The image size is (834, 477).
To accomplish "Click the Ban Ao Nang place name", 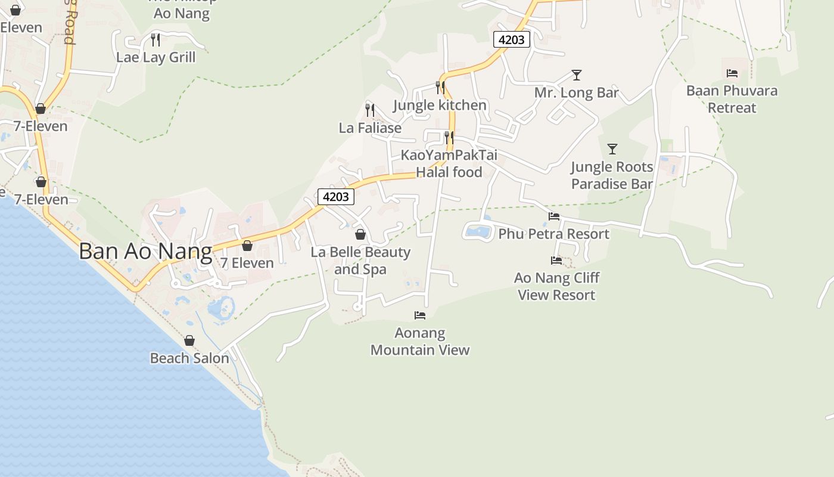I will (x=145, y=251).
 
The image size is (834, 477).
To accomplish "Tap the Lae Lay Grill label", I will (x=155, y=57).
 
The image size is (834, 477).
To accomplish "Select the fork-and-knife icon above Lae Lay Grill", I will (x=155, y=40).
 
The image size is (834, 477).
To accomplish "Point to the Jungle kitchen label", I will (x=440, y=106).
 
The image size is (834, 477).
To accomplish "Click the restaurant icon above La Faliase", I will (x=370, y=110).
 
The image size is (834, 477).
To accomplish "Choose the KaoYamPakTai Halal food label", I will (x=449, y=163).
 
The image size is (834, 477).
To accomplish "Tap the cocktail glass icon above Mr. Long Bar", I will (x=576, y=75).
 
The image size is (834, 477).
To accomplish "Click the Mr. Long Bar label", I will (x=576, y=93).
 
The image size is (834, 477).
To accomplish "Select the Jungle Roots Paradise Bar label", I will (x=612, y=175).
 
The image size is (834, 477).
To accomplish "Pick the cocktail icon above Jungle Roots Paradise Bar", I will (x=612, y=149).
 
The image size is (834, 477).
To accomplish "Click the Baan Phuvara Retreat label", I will (x=732, y=99).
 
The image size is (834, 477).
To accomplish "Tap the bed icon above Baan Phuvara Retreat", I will (x=732, y=73).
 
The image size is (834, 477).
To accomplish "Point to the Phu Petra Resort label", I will (x=553, y=234).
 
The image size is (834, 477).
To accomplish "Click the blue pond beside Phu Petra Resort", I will (x=479, y=231).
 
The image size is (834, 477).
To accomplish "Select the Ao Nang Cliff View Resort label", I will (x=556, y=286).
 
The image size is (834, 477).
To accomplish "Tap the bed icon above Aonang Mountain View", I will (x=420, y=315).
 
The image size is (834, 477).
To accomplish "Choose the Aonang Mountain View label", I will (x=420, y=341).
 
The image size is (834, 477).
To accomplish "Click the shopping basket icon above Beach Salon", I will (x=189, y=340).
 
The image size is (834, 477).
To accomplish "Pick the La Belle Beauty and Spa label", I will (x=360, y=261).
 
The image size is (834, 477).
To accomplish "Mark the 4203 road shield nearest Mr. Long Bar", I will (x=511, y=39).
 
